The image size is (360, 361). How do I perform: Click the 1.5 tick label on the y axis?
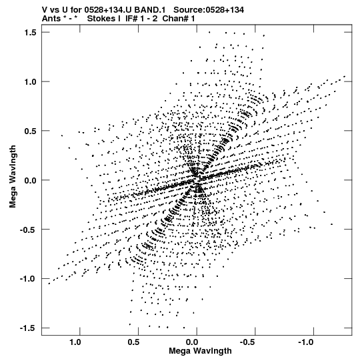pyautogui.click(x=31, y=33)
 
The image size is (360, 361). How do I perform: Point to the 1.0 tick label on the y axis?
pyautogui.click(x=31, y=81)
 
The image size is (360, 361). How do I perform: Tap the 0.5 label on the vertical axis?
pyautogui.click(x=31, y=131)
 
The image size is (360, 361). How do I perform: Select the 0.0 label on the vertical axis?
pyautogui.click(x=31, y=180)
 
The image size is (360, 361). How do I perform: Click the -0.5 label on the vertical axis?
pyautogui.click(x=28, y=230)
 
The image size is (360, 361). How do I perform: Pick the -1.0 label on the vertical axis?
pyautogui.click(x=28, y=279)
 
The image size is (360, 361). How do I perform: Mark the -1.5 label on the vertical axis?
pyautogui.click(x=28, y=328)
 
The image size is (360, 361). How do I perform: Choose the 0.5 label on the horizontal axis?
pyautogui.click(x=133, y=342)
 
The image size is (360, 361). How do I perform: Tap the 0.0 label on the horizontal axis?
pyautogui.click(x=192, y=342)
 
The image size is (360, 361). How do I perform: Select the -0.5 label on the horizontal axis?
pyautogui.click(x=248, y=342)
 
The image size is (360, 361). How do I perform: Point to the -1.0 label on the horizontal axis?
pyautogui.click(x=307, y=342)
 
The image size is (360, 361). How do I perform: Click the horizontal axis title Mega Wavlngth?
pyautogui.click(x=200, y=351)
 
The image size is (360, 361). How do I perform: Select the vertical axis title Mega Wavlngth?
pyautogui.click(x=13, y=177)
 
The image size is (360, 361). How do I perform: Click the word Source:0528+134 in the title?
pyautogui.click(x=209, y=10)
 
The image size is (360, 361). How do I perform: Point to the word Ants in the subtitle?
pyautogui.click(x=49, y=19)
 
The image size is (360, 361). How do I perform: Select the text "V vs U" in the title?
pyautogui.click(x=55, y=10)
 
